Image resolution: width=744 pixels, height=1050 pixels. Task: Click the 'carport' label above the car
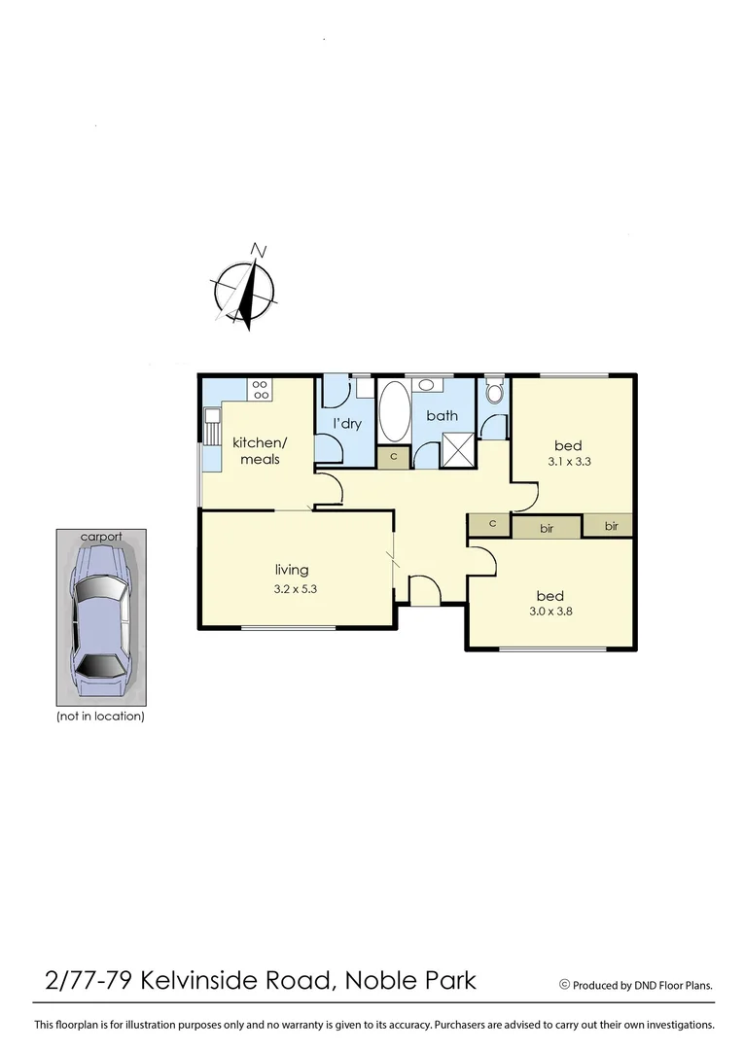pos(101,536)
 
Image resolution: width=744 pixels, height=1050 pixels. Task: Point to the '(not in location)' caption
pos(100,717)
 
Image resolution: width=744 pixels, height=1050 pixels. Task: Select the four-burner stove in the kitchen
pos(261,390)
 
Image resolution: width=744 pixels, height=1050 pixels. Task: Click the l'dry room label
pos(347,424)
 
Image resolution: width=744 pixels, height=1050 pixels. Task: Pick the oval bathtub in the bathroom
pos(394,411)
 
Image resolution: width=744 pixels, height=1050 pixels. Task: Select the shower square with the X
pos(456,451)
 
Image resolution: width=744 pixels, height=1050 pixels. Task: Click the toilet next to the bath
pos(494,392)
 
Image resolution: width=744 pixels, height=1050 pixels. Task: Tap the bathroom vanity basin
pos(428,383)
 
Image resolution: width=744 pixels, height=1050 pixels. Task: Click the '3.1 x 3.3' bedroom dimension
pos(569,462)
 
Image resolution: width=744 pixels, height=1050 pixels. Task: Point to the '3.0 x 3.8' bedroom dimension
pos(550,612)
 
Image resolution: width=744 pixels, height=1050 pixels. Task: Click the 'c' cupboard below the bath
pos(394,457)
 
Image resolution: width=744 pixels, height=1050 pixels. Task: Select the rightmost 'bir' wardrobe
pos(611,526)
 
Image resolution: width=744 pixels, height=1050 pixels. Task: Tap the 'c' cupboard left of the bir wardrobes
pos(492,524)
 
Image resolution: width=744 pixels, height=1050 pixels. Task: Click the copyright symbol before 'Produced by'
pos(564,984)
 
